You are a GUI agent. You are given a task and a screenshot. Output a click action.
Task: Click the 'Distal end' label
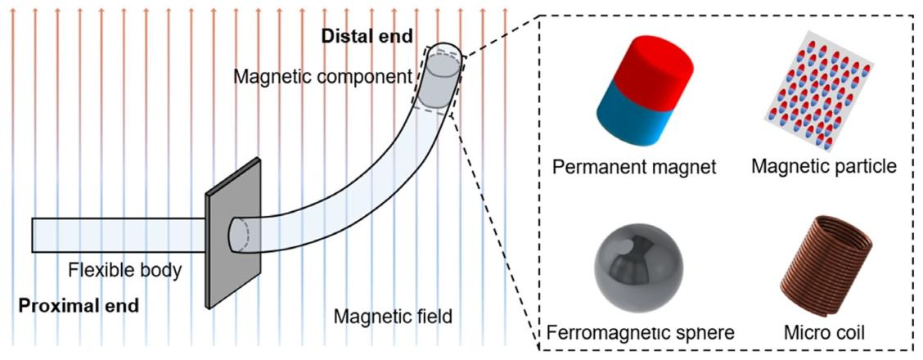367,37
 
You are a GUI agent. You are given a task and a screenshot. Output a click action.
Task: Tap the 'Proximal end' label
79,306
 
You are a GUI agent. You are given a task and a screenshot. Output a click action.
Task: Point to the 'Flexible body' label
125,271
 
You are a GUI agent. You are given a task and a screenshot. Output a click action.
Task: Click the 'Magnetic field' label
392,317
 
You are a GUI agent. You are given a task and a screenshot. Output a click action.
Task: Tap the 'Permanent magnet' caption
635,168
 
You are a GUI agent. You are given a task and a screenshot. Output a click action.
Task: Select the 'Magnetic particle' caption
824,167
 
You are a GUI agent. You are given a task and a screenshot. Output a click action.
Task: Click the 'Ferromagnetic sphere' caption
641,332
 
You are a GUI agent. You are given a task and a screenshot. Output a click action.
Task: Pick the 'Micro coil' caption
824,332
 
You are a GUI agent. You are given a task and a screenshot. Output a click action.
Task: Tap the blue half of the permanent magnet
631,120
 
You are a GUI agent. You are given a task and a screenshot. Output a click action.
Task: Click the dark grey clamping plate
232,233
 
